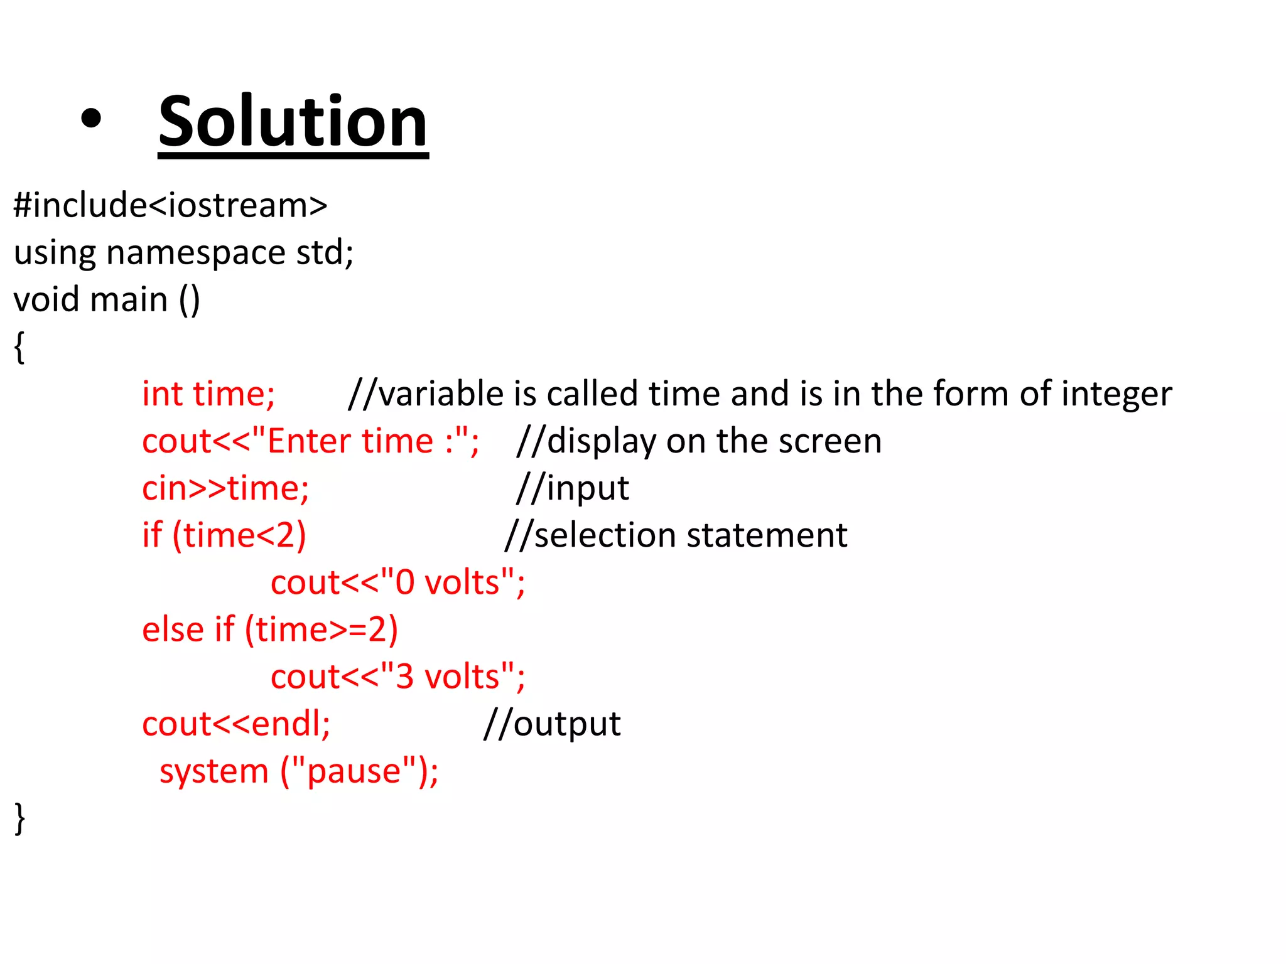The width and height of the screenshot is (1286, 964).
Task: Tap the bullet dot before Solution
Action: (x=91, y=119)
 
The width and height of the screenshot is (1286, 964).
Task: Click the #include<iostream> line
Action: (x=170, y=205)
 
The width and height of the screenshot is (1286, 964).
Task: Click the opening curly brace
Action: (x=19, y=347)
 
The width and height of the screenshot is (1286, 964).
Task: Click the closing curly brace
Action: (x=19, y=818)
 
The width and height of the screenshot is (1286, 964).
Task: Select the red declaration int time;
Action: (x=208, y=394)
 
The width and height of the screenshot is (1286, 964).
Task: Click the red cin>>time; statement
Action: (x=225, y=488)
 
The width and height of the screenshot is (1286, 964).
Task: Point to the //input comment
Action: (x=572, y=488)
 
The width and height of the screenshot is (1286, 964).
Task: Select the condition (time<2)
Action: (x=239, y=535)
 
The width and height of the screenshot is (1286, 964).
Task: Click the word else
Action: (x=173, y=629)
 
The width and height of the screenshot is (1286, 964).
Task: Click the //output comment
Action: (x=552, y=724)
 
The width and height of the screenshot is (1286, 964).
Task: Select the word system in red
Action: (x=213, y=771)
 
